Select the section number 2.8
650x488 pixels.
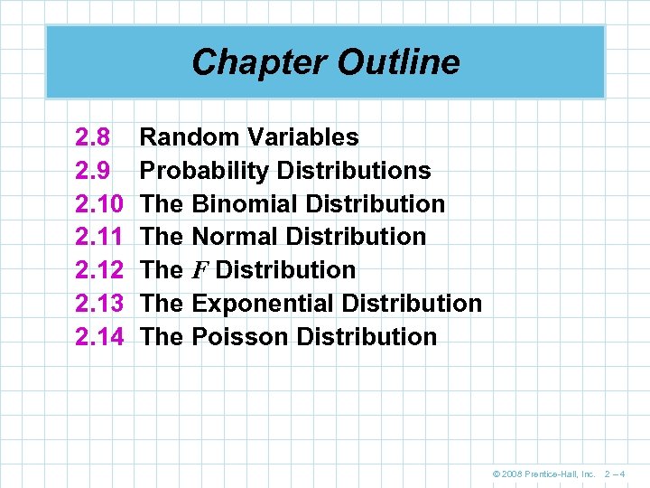click(x=93, y=137)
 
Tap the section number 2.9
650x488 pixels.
click(x=93, y=171)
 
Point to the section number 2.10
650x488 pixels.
click(x=99, y=204)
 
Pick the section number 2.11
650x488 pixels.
click(x=99, y=237)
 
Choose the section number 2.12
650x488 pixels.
click(x=99, y=270)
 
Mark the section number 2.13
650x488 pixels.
click(x=99, y=304)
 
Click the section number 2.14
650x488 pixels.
click(x=99, y=337)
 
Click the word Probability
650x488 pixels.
click(x=206, y=171)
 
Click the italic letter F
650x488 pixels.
click(x=200, y=270)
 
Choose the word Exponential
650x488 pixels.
click(x=261, y=304)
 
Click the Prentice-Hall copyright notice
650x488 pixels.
click(x=545, y=474)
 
